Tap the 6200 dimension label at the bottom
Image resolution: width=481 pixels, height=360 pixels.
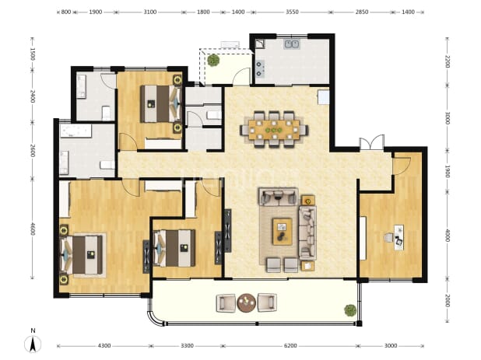(290, 346)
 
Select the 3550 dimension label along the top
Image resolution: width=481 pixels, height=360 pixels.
(292, 12)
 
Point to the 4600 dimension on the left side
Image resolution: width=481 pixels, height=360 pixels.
(33, 229)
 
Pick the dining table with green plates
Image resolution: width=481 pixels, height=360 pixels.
(274, 130)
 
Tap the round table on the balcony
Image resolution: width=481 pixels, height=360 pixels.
(246, 302)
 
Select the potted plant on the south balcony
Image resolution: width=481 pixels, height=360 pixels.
(350, 310)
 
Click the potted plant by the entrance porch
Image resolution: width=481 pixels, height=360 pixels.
(213, 60)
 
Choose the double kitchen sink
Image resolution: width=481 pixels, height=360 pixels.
(292, 44)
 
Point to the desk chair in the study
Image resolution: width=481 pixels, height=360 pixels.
(388, 237)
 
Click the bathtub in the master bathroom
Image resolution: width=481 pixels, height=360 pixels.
(75, 131)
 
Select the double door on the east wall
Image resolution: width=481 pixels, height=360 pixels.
(372, 142)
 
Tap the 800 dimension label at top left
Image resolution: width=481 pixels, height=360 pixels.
(66, 12)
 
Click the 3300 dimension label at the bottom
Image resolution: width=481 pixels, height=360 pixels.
(187, 346)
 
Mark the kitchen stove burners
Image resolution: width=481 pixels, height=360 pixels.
(260, 69)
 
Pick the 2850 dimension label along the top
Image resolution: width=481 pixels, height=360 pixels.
(362, 12)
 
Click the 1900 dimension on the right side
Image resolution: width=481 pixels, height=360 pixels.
(447, 171)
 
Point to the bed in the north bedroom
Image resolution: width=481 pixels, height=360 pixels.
(160, 104)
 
